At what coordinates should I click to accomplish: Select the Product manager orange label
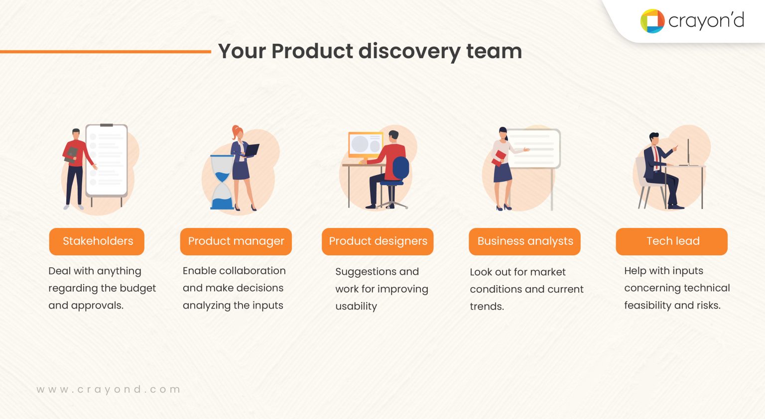[236, 241]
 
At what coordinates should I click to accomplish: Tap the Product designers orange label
[378, 241]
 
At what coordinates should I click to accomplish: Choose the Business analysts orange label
[524, 241]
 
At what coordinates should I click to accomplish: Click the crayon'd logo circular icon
[652, 21]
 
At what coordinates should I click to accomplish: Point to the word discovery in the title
[409, 52]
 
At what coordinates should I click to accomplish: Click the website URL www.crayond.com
[108, 390]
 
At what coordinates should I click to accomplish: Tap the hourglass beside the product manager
[222, 182]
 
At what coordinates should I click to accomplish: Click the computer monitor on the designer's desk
[365, 145]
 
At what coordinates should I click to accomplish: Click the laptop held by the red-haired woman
[252, 149]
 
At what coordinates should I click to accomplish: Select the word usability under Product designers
[356, 307]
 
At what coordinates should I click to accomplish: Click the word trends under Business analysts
[486, 307]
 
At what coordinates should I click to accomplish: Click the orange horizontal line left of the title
[105, 51]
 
